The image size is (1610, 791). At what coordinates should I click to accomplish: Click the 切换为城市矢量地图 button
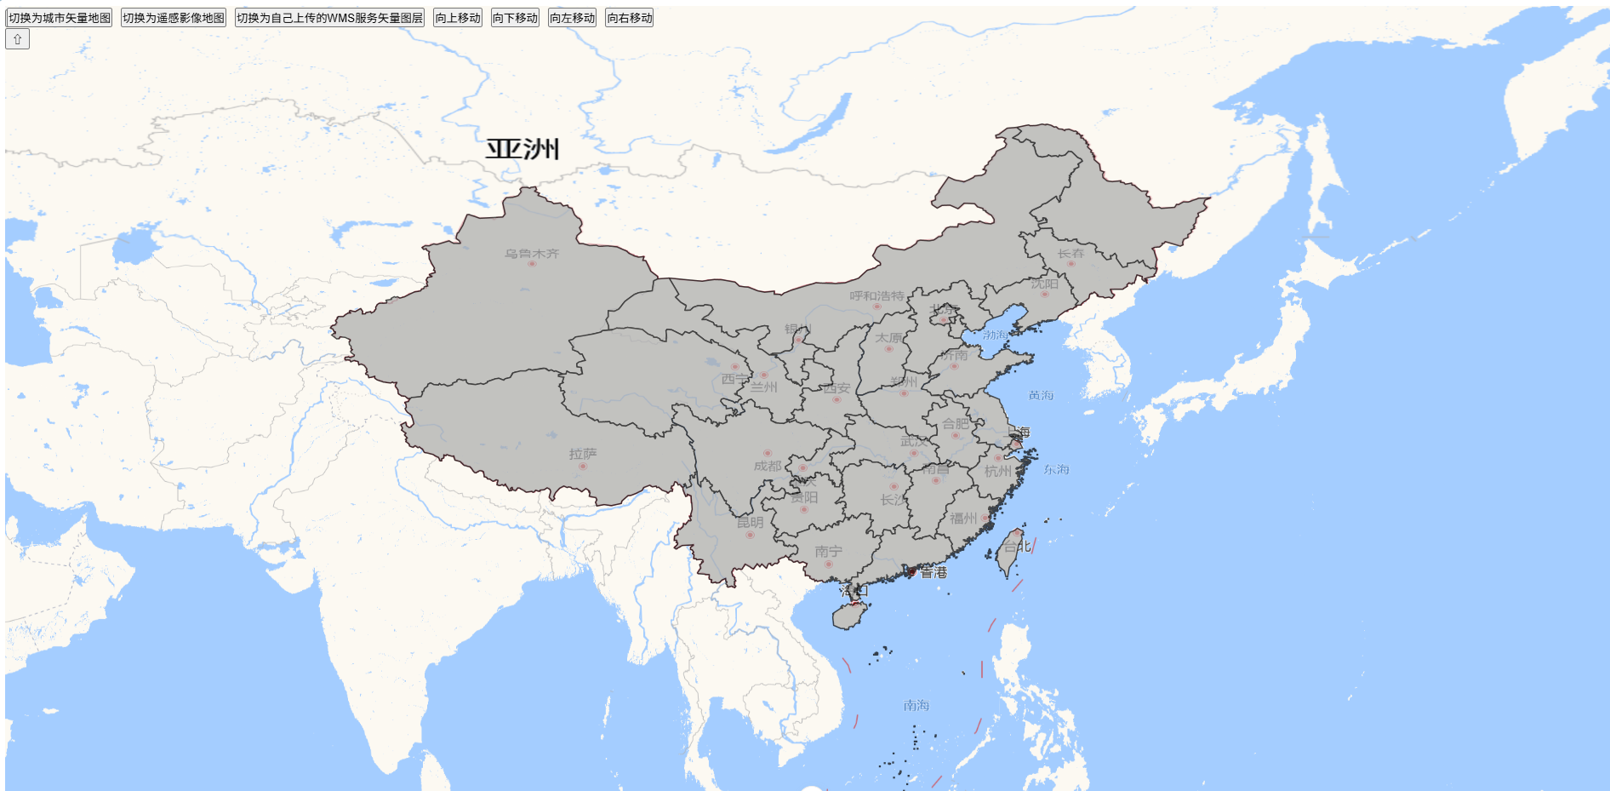(x=60, y=18)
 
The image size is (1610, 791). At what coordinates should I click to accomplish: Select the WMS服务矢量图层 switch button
(x=329, y=18)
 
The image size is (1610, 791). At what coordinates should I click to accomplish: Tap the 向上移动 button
(x=458, y=18)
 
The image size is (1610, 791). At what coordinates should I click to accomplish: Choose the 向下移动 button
(x=515, y=18)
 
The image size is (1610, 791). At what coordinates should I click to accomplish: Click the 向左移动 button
(x=572, y=18)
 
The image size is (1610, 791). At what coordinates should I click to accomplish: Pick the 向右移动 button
(x=630, y=18)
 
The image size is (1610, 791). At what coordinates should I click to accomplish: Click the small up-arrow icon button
(x=18, y=39)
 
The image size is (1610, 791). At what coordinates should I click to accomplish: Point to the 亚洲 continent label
(x=522, y=149)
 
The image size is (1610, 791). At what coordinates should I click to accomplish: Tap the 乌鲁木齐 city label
(x=532, y=254)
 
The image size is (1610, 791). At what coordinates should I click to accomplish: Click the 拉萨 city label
(x=583, y=455)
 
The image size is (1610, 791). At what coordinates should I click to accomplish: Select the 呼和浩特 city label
(x=876, y=296)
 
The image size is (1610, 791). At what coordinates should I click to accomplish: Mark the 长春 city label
(x=1070, y=254)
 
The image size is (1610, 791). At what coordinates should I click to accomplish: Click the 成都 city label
(x=767, y=466)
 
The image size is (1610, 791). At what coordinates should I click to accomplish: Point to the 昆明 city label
(x=750, y=523)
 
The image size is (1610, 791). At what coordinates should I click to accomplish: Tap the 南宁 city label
(x=828, y=552)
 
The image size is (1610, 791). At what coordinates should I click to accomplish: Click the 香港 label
(x=933, y=572)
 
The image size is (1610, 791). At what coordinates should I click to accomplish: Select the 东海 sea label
(x=1056, y=469)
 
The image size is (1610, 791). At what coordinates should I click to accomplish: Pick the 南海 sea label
(x=916, y=705)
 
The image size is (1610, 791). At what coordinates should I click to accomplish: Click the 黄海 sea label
(x=1041, y=395)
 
